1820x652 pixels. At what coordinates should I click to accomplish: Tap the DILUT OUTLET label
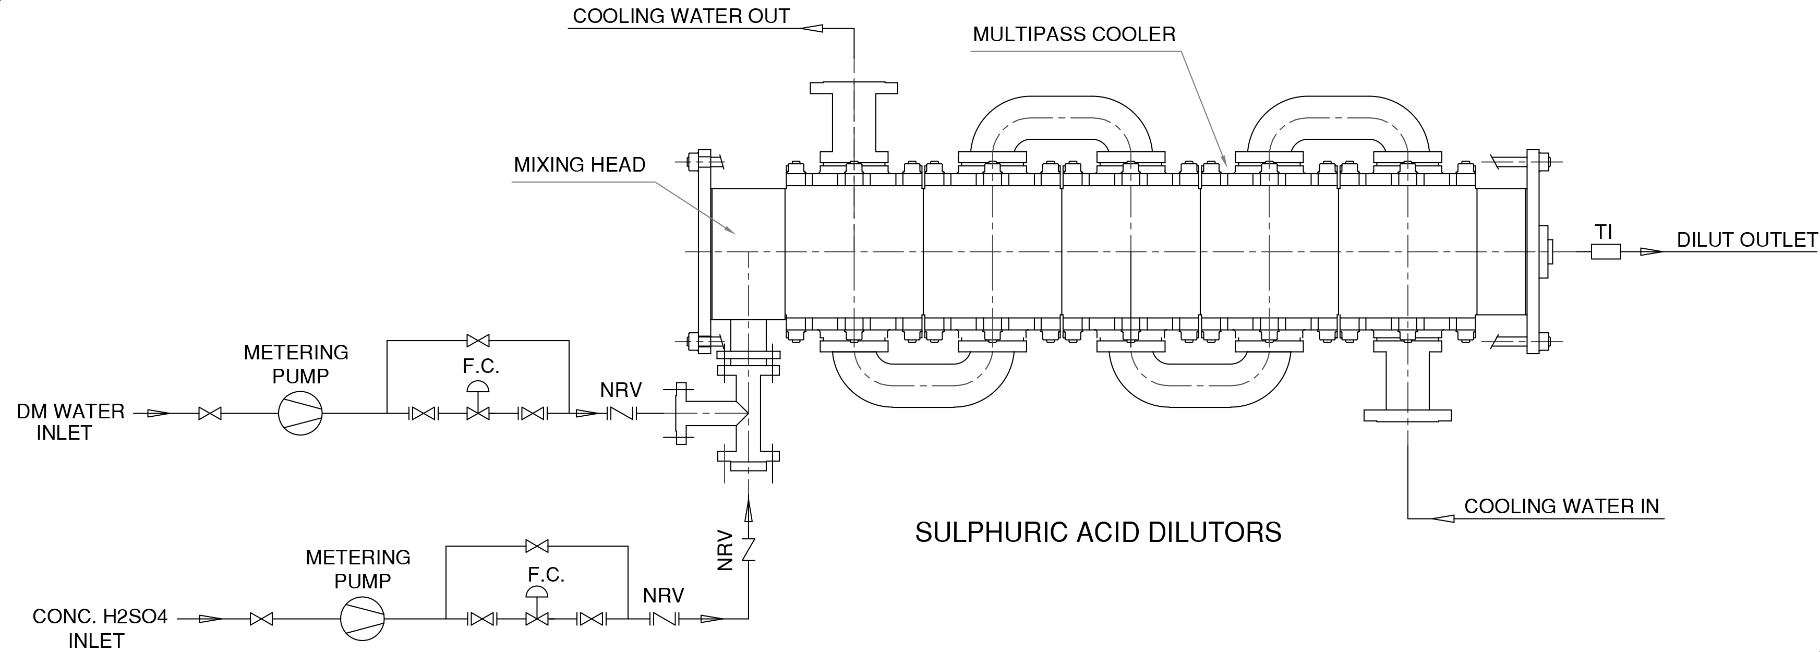tap(1746, 240)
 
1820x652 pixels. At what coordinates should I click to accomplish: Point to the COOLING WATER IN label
tap(1561, 506)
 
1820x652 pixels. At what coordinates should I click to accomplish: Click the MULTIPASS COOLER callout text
tap(1074, 34)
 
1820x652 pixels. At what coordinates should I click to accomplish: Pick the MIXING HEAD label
tap(580, 165)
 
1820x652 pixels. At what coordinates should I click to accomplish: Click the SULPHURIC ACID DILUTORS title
tap(1098, 533)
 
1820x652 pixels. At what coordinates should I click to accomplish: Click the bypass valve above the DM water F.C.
tap(478, 341)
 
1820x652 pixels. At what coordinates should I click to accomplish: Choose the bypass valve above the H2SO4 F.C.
tap(538, 546)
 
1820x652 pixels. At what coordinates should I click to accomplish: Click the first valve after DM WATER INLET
tap(210, 413)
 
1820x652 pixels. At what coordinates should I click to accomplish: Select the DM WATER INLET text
tap(70, 422)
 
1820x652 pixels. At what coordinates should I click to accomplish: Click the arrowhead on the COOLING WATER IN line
tap(1443, 518)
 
